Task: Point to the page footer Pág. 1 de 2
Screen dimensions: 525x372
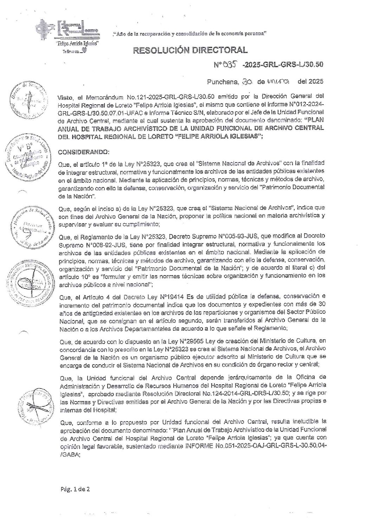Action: [75, 489]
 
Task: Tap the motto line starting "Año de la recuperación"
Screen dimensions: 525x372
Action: [190, 34]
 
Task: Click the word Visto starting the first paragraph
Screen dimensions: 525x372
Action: [66, 96]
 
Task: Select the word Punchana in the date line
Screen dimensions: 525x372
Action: [222, 82]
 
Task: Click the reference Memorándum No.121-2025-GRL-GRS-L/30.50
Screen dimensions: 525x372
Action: [134, 96]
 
